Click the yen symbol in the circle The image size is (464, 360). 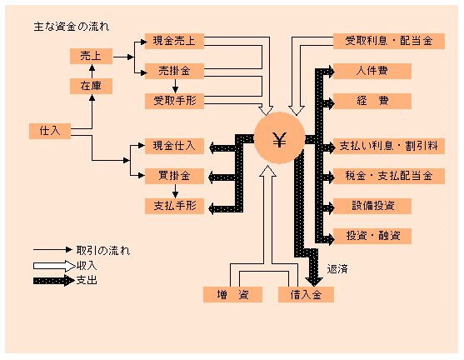pyautogui.click(x=279, y=140)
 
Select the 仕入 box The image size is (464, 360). pyautogui.click(x=50, y=131)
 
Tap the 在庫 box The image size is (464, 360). pyautogui.click(x=91, y=86)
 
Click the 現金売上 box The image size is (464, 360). pyautogui.click(x=174, y=41)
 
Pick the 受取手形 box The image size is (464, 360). pyautogui.click(x=174, y=101)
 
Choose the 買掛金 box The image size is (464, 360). pyautogui.click(x=174, y=176)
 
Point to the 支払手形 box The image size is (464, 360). pyautogui.click(x=174, y=206)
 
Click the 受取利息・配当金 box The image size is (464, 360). pyautogui.click(x=389, y=41)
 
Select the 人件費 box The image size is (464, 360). pyautogui.click(x=372, y=71)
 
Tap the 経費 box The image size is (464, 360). pyautogui.click(x=372, y=101)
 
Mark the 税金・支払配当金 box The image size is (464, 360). pyautogui.click(x=389, y=176)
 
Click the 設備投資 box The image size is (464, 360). pyautogui.click(x=372, y=206)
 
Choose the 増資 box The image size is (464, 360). pyautogui.click(x=232, y=294)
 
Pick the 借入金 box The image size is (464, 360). pyautogui.click(x=306, y=294)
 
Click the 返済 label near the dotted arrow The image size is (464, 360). pyautogui.click(x=337, y=269)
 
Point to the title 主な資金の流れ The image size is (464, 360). pyautogui.click(x=72, y=27)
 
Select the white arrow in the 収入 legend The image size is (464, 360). pyautogui.click(x=54, y=266)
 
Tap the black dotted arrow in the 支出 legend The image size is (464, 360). pyautogui.click(x=53, y=280)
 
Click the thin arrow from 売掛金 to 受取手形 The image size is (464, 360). pyautogui.click(x=175, y=86)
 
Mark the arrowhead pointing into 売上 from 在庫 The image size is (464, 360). pyautogui.click(x=92, y=67)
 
